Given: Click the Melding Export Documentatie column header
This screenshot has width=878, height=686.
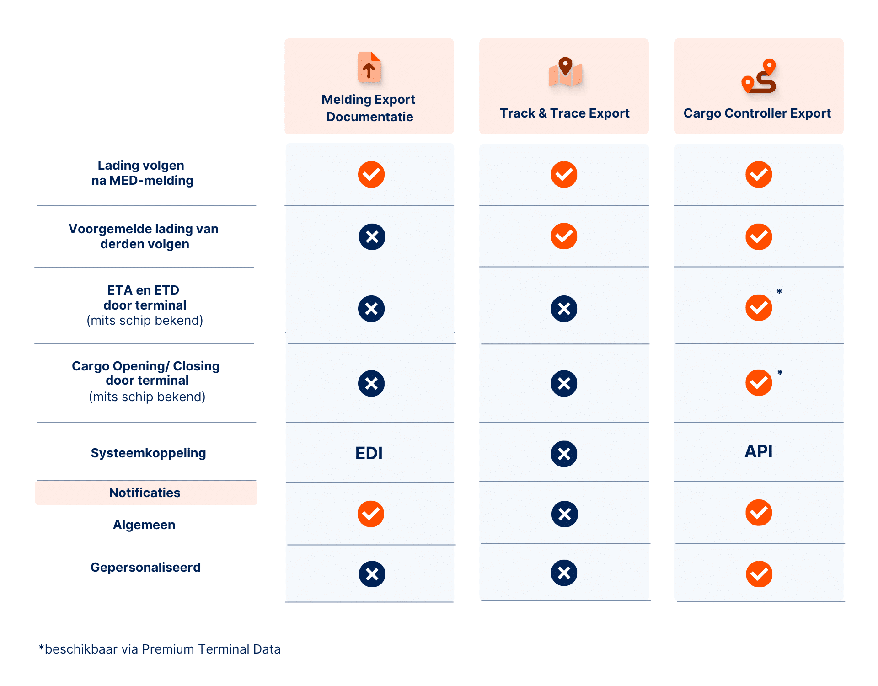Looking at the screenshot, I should pyautogui.click(x=369, y=108).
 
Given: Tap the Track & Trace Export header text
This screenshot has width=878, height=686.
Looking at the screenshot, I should pyautogui.click(x=564, y=113).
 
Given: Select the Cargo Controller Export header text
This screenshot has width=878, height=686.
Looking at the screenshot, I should pyautogui.click(x=757, y=113).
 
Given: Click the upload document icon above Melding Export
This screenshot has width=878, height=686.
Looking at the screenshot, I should pyautogui.click(x=369, y=68).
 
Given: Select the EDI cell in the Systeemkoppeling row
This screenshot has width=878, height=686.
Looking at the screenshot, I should pyautogui.click(x=369, y=453).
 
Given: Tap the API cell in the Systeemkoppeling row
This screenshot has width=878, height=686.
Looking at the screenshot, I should pyautogui.click(x=758, y=451).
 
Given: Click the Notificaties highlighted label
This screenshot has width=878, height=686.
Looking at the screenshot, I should pyautogui.click(x=145, y=493).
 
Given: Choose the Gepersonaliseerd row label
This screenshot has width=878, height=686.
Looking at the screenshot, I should pyautogui.click(x=145, y=567).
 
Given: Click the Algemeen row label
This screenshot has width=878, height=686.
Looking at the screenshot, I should pyautogui.click(x=144, y=525).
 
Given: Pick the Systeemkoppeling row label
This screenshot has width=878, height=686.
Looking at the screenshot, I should pyautogui.click(x=148, y=453).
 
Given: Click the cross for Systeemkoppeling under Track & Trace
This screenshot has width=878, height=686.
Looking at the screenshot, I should pyautogui.click(x=564, y=454).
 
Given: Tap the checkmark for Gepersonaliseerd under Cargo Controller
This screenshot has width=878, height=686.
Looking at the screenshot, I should pyautogui.click(x=759, y=574).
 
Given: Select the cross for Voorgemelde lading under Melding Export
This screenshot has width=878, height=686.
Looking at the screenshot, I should pyautogui.click(x=372, y=237).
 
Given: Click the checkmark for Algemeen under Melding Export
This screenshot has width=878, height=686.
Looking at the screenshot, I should pyautogui.click(x=371, y=514).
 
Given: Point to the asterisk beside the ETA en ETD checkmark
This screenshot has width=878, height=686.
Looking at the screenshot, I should pyautogui.click(x=779, y=292).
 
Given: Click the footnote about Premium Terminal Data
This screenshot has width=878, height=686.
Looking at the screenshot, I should pyautogui.click(x=160, y=649).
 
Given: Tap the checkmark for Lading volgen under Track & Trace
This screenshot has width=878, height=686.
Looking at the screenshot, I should pyautogui.click(x=564, y=174).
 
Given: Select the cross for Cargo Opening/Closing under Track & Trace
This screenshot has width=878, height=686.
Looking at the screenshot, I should pyautogui.click(x=564, y=383).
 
